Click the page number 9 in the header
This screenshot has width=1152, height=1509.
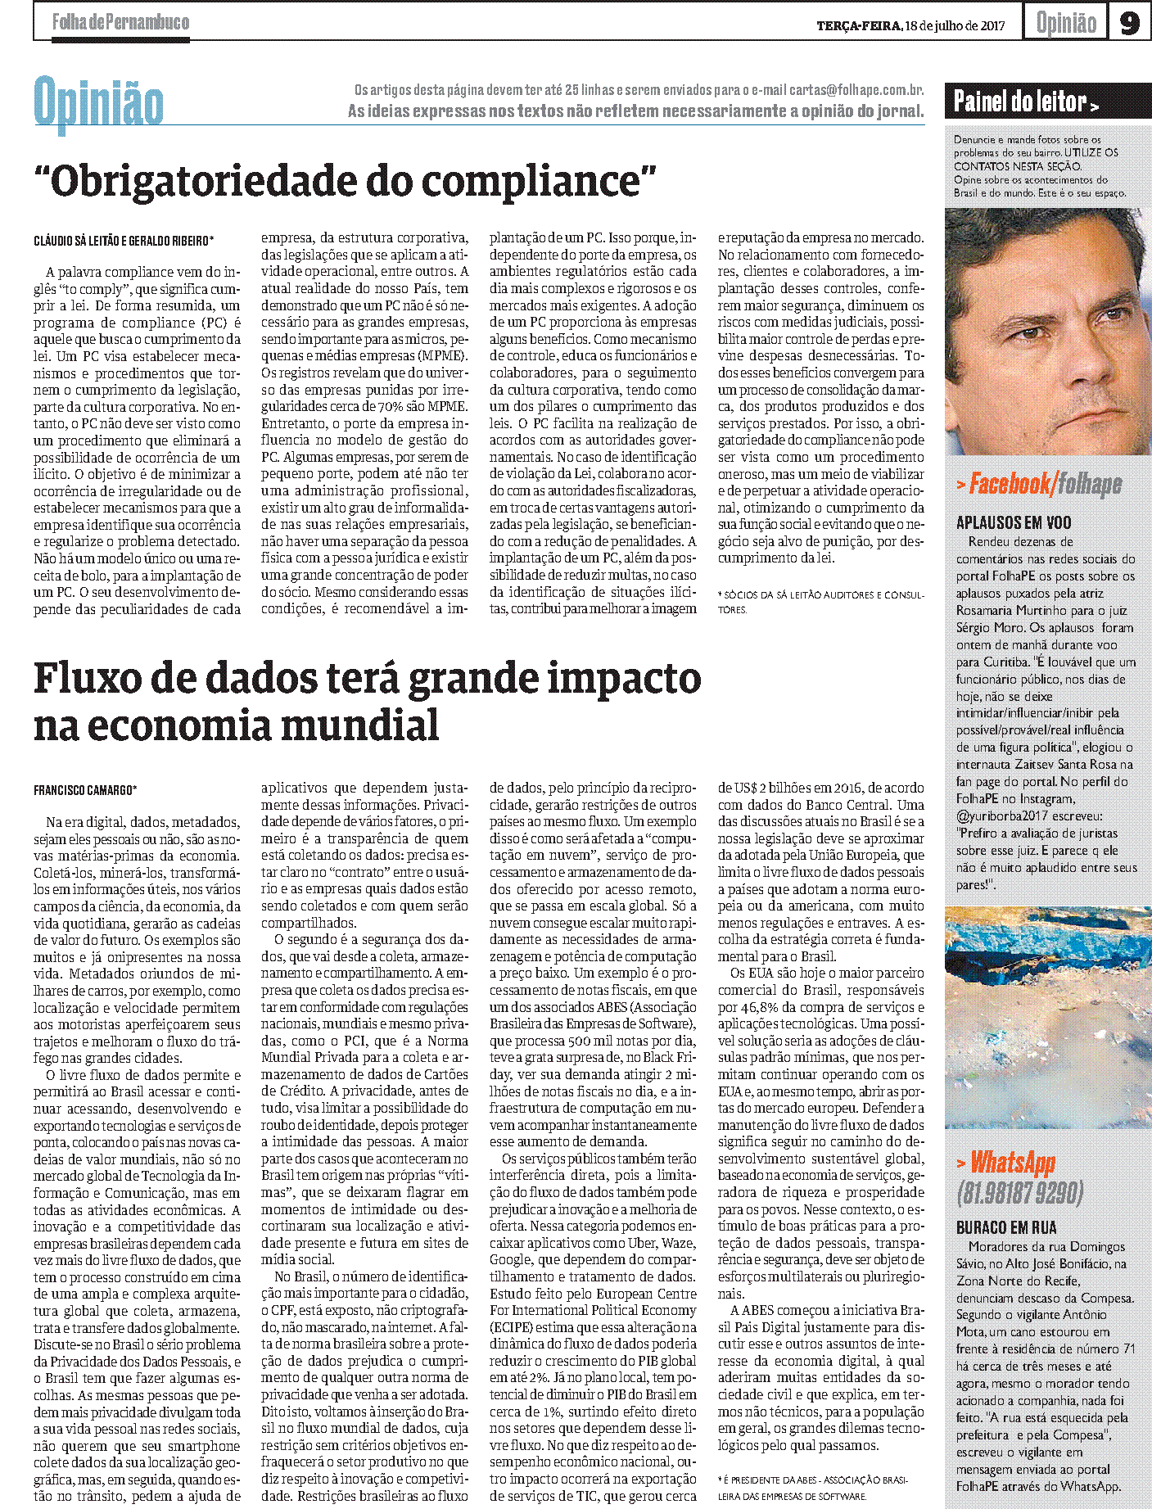pos(1129,23)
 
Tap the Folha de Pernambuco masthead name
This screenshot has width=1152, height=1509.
pos(120,22)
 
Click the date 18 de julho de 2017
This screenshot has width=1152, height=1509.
pos(955,25)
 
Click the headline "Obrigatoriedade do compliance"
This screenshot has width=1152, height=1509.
pos(346,180)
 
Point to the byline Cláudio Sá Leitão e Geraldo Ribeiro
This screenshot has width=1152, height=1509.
pos(124,241)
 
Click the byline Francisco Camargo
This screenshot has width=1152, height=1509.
pos(85,790)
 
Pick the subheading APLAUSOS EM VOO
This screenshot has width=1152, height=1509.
pos(1014,522)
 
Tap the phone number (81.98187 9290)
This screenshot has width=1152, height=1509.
pos(1020,1193)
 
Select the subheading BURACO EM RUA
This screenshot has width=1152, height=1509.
pos(1006,1227)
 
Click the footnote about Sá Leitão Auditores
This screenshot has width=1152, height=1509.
pos(820,601)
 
